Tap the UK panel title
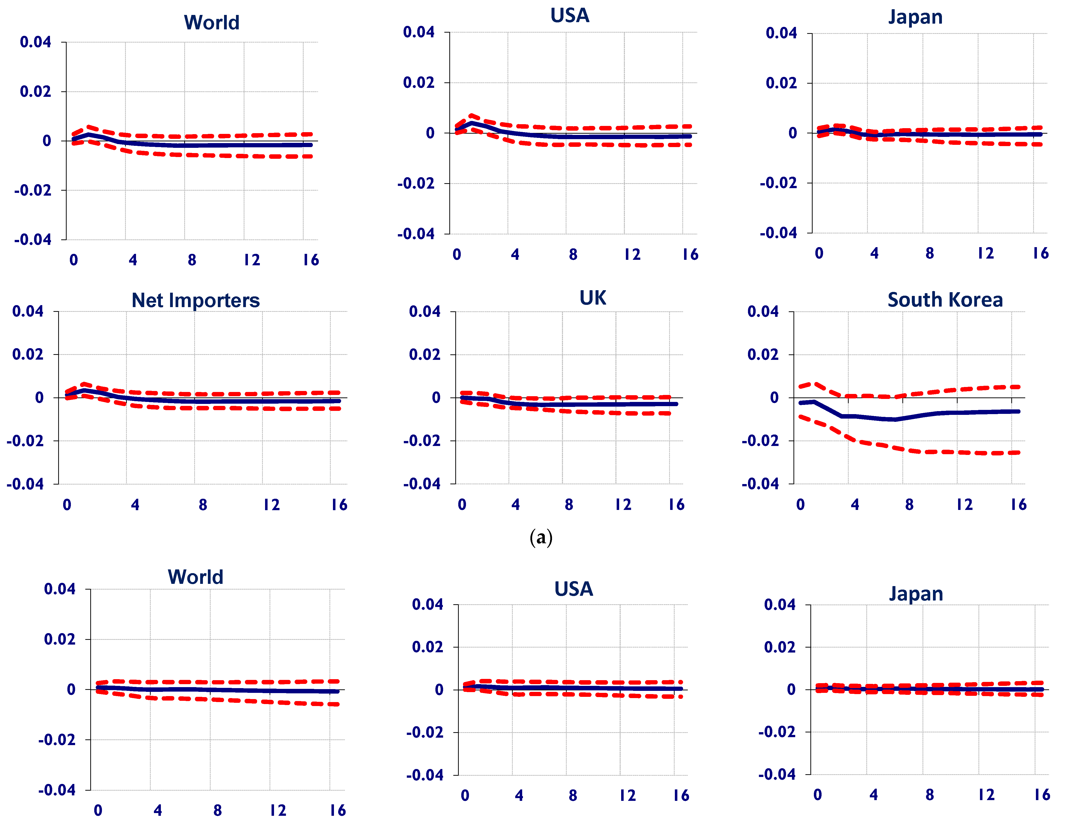(x=593, y=298)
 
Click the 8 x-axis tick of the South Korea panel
(x=909, y=504)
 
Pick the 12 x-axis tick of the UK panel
(x=623, y=504)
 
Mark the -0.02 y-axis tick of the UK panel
(x=422, y=440)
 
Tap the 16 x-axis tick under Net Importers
(x=339, y=504)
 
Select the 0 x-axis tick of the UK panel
(x=462, y=504)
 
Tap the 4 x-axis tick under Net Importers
(x=135, y=504)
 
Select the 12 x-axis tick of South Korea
(x=964, y=504)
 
